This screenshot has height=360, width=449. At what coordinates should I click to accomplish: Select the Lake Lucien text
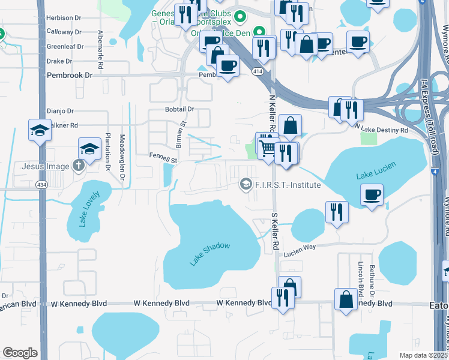tap(372, 175)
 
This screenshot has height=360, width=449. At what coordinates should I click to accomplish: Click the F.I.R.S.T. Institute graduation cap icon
tap(246, 184)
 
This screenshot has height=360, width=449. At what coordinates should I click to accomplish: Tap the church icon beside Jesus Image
tap(77, 166)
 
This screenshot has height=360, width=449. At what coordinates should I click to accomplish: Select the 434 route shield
tap(41, 184)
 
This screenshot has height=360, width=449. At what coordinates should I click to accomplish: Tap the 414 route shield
tap(257, 71)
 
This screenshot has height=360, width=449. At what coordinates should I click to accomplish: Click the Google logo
tap(20, 353)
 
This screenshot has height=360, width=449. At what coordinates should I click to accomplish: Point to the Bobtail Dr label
tap(179, 109)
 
